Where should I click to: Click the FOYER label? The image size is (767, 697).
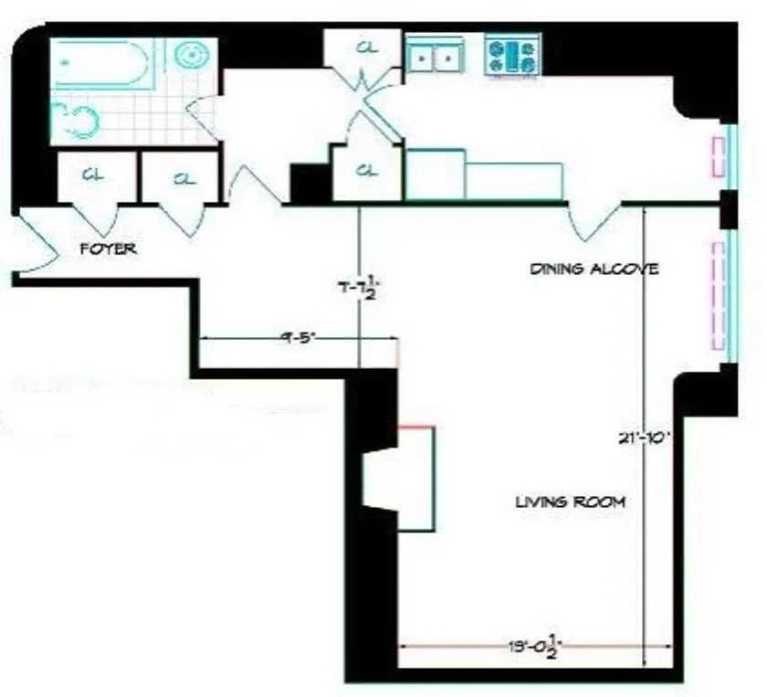coord(109,248)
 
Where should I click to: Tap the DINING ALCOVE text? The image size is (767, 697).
coord(594,269)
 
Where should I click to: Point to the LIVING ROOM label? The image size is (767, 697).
coord(571,502)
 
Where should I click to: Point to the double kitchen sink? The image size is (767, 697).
coord(435,57)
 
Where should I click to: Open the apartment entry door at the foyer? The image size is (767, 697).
coord(32,242)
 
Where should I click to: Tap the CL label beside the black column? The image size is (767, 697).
coord(366,170)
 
